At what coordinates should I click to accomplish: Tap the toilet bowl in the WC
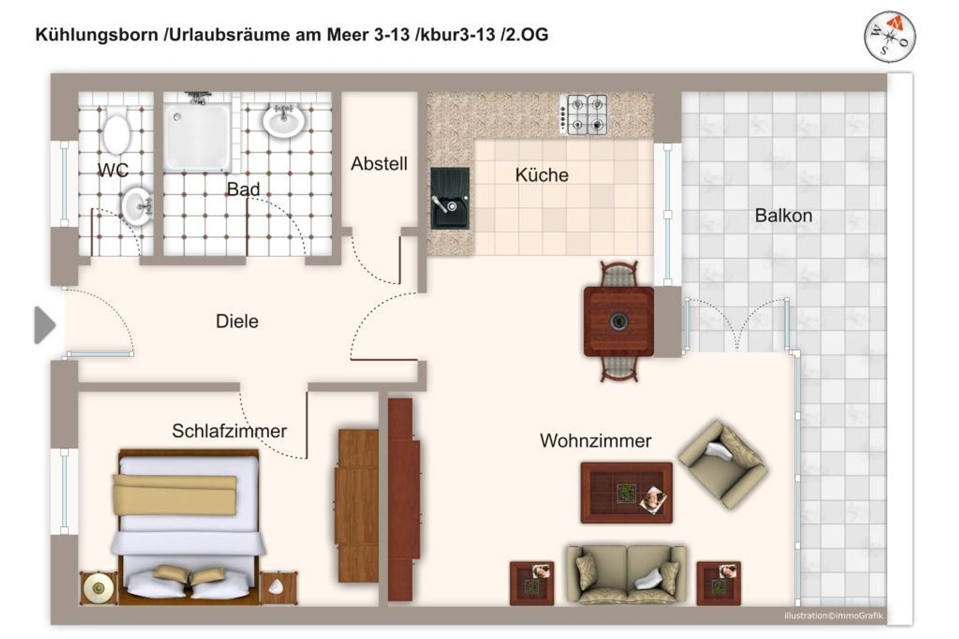click(117, 133)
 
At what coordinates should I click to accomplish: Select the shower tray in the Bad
click(197, 137)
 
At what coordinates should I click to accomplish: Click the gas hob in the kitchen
click(587, 114)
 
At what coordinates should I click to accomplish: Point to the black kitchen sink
click(450, 198)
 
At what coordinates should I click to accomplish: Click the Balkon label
click(783, 216)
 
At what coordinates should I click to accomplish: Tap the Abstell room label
click(379, 164)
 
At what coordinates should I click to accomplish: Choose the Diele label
click(237, 321)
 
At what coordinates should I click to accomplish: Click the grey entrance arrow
click(45, 325)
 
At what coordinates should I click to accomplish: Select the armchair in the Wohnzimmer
click(723, 464)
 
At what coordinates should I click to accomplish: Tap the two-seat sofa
click(626, 574)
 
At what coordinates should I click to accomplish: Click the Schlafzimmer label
click(229, 431)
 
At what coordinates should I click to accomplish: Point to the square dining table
click(619, 321)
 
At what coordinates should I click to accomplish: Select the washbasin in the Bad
click(284, 120)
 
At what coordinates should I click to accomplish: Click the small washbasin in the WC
click(137, 204)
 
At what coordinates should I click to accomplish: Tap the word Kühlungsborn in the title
click(97, 35)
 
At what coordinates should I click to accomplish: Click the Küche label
click(541, 176)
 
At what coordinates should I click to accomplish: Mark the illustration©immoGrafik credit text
click(833, 616)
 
